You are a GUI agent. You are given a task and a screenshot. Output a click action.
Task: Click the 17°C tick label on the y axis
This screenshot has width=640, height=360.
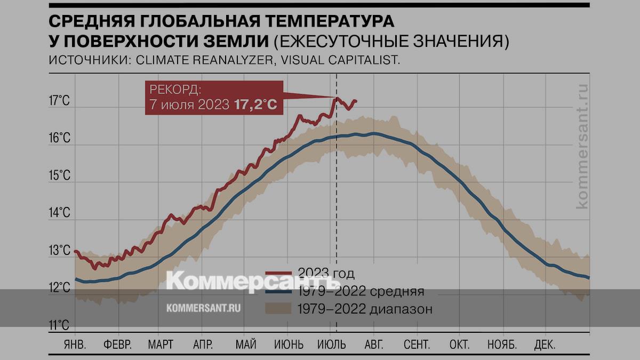(x=59, y=101)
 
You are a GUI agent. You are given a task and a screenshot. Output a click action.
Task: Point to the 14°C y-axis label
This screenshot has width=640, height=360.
(x=59, y=213)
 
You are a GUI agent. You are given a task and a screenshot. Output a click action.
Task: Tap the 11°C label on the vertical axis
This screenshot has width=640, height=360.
(x=59, y=325)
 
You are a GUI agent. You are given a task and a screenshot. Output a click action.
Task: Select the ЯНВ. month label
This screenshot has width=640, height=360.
(x=75, y=344)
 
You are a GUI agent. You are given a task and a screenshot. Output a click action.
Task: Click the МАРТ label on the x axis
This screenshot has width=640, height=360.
(x=161, y=344)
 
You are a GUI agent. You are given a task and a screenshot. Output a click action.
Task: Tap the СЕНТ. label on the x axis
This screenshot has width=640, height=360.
(x=417, y=344)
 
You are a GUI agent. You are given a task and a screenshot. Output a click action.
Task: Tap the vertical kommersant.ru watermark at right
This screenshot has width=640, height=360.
(x=582, y=147)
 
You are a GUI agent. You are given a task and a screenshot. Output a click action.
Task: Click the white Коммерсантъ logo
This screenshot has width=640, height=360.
(x=245, y=281)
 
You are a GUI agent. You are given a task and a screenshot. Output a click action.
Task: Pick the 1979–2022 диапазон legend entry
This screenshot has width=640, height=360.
(x=364, y=308)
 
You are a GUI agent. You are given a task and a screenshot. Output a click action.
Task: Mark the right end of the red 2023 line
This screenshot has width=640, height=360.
(x=356, y=101)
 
